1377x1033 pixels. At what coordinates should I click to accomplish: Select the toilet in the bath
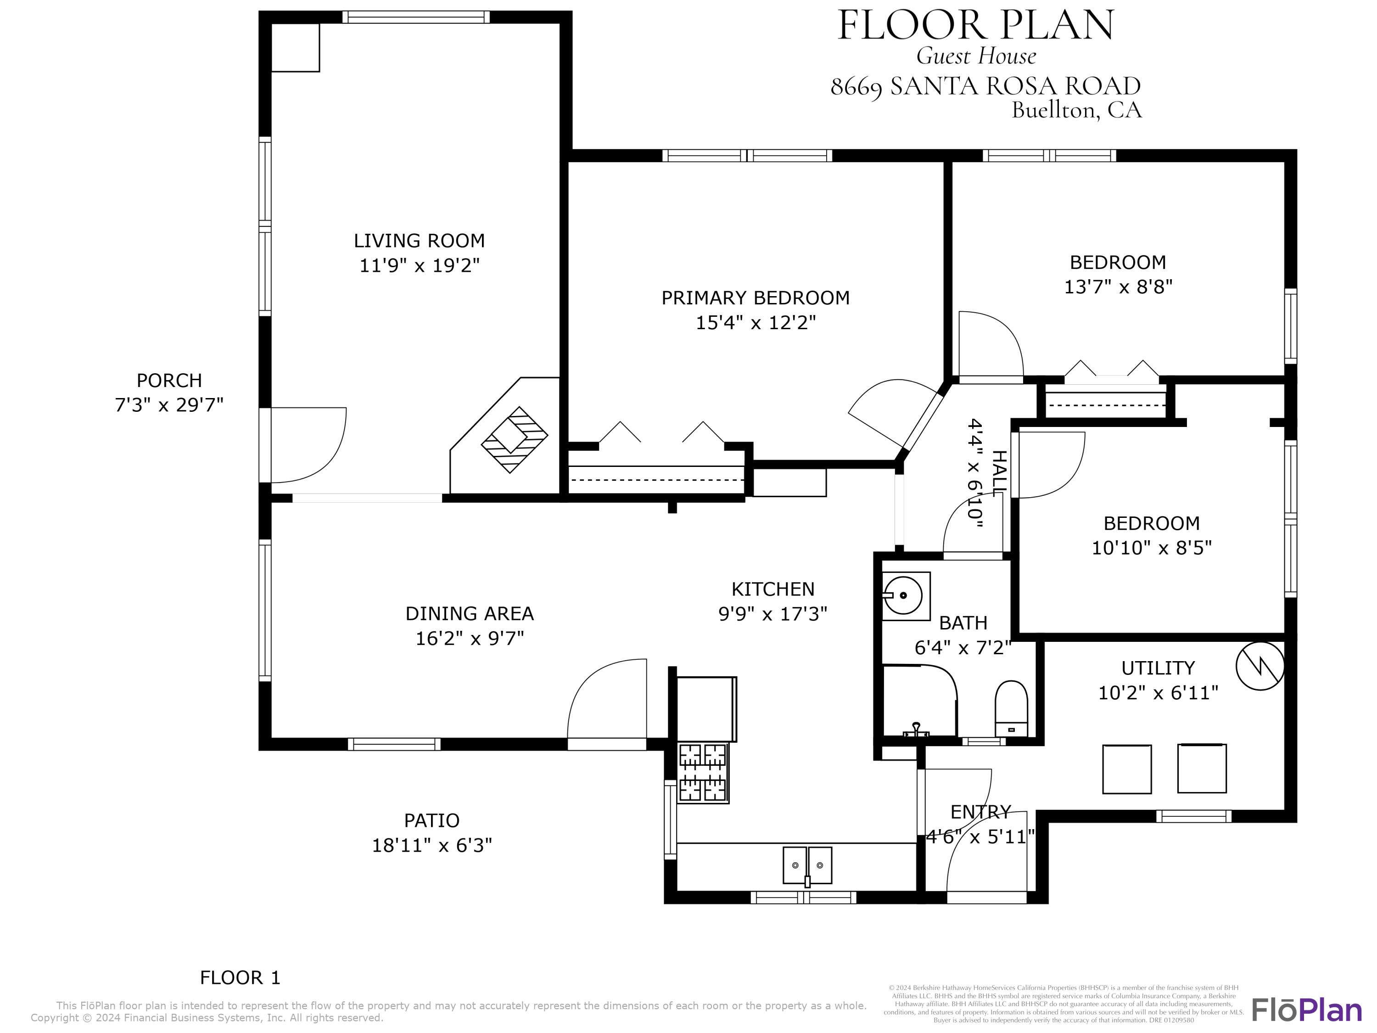[1011, 708]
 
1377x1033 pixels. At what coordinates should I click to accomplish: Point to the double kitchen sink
[807, 865]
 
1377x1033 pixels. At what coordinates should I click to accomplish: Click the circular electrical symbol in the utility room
[1260, 666]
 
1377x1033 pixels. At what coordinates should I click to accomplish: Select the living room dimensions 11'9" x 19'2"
[420, 266]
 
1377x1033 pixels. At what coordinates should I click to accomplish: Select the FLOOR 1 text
[241, 977]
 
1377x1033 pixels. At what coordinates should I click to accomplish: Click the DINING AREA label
[470, 614]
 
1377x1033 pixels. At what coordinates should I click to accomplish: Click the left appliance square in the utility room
[1127, 769]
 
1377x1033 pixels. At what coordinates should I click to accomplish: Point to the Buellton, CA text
[1076, 110]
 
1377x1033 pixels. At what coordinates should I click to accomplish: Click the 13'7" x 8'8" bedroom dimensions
[1118, 287]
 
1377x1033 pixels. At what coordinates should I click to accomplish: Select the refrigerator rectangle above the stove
[706, 708]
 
